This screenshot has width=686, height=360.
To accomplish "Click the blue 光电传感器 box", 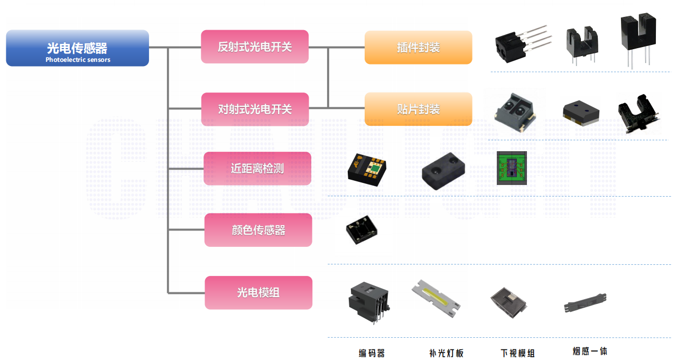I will click(x=77, y=48).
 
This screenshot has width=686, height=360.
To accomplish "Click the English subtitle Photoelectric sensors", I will click(x=78, y=60).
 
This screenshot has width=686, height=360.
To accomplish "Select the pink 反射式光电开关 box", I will click(x=255, y=47).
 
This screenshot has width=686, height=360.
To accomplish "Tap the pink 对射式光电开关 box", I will click(x=255, y=109).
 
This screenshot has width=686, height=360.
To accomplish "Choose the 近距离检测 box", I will click(x=257, y=169).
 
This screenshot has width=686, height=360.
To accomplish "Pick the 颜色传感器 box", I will click(x=258, y=230).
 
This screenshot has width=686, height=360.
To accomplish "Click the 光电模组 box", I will click(x=258, y=292).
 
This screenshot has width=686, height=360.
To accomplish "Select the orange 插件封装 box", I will click(x=418, y=47).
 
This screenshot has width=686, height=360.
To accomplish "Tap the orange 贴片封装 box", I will click(x=418, y=109).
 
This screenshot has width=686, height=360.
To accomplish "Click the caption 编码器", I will click(x=372, y=353).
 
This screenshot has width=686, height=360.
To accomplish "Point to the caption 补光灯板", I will click(x=446, y=353).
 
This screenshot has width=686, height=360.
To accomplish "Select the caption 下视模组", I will click(x=517, y=353).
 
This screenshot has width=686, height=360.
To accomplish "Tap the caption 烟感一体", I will click(x=590, y=350).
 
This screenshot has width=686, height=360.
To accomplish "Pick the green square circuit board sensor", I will click(x=512, y=168).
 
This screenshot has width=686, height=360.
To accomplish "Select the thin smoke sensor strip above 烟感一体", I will click(x=586, y=302).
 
